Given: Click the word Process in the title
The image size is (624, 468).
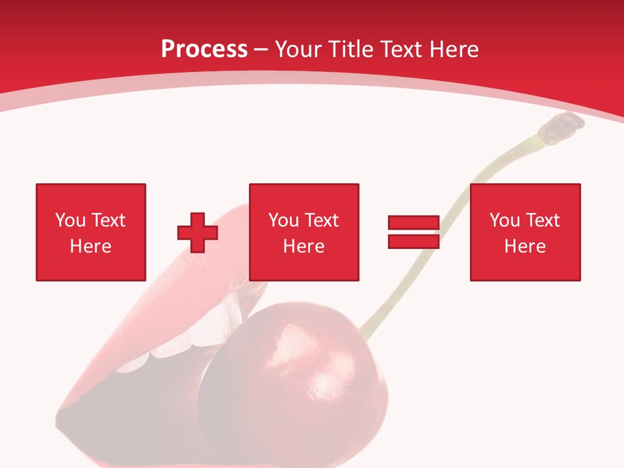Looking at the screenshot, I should [x=204, y=49].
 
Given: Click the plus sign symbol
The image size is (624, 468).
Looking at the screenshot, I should [x=198, y=233].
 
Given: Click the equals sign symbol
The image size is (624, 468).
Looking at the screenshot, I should [x=413, y=232].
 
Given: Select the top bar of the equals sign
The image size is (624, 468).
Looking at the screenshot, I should [x=413, y=222].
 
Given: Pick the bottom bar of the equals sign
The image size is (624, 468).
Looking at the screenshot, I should [x=413, y=241].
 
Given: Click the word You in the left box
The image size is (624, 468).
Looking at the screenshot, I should [x=70, y=220].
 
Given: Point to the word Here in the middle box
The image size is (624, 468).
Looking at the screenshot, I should [x=304, y=246].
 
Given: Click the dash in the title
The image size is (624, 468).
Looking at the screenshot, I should [x=261, y=49].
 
